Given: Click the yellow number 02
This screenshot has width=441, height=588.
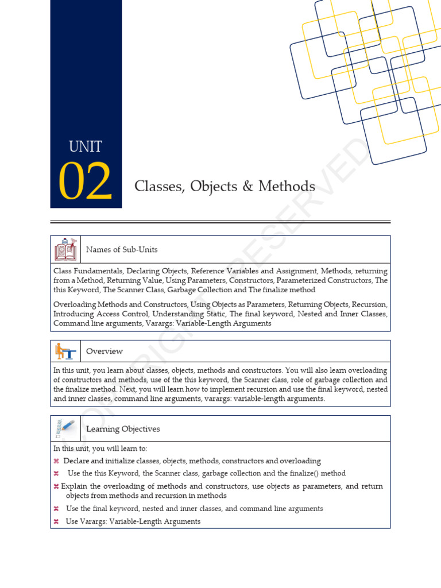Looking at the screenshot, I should point(85,182).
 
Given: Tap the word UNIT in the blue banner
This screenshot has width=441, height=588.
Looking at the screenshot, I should point(85,147).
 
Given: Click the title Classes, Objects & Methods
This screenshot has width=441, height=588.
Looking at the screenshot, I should point(225,187).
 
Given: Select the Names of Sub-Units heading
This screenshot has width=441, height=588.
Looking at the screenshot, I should point(122,250).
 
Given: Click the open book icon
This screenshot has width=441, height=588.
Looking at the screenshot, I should point(65,249).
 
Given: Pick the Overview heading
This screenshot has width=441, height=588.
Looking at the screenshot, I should point(105,351).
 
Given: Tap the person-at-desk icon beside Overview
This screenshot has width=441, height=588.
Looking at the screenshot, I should point(65,351).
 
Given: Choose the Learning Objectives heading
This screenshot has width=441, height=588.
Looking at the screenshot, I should point(123,429).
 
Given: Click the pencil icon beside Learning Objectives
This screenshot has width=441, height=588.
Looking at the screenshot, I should point(65,428).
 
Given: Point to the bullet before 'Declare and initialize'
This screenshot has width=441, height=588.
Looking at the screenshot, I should point(56,461).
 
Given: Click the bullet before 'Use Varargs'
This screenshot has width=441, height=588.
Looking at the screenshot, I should point(56,522).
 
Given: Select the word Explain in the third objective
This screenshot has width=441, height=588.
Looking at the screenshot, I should point(74,486).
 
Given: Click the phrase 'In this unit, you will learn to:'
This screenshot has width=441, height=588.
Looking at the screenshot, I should point(100,449).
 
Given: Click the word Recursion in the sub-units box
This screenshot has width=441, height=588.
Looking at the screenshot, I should point(368,304).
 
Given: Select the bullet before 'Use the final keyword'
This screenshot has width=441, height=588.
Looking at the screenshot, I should point(56,509).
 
